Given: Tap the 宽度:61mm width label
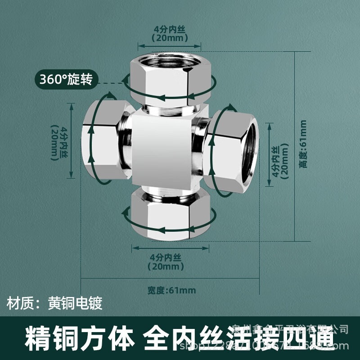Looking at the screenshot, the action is coord(171,290).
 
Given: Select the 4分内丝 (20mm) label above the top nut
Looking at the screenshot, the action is coord(169,34).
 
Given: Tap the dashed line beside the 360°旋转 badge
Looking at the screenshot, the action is coord(110,83).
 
